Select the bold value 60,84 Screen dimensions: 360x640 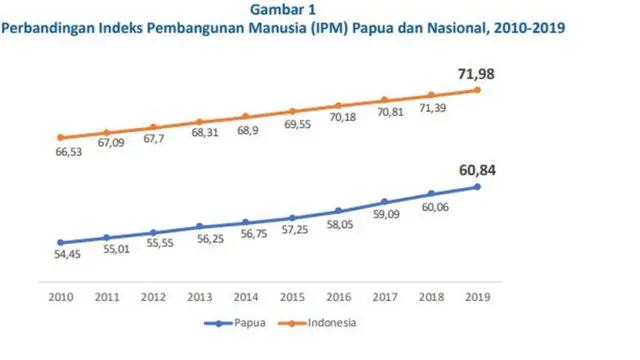[x=474, y=170]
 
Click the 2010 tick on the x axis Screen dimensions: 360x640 [x=61, y=297]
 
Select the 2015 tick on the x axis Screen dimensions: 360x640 [x=293, y=297]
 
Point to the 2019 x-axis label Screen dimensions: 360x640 [x=478, y=297]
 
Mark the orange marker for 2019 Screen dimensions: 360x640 [x=478, y=89]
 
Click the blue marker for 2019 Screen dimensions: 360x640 [x=478, y=186]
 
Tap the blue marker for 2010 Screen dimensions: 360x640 [x=61, y=242]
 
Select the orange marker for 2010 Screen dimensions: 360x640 [x=61, y=137]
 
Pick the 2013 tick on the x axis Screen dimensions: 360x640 [x=200, y=297]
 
